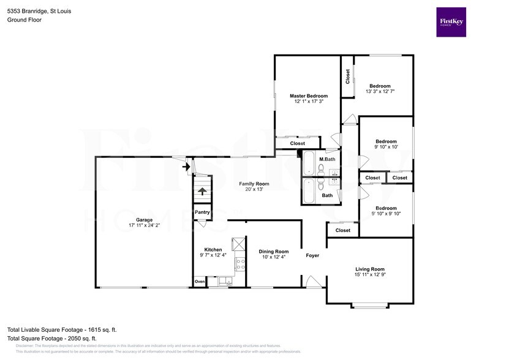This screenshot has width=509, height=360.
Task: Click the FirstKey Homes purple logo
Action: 451,21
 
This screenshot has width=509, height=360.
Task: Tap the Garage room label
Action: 144,220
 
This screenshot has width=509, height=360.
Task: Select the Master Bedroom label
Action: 308,96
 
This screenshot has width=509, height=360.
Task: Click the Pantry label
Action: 202,212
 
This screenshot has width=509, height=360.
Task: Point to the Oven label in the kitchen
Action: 200,282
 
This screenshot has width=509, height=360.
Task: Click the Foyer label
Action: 312,255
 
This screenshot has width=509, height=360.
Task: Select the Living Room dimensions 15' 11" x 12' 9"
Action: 369,275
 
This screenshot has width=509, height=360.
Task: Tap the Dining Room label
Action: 273,252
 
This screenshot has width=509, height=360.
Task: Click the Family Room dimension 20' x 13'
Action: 254,189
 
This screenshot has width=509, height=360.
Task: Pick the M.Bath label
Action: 327,159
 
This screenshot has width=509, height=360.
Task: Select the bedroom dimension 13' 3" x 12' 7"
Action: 380,91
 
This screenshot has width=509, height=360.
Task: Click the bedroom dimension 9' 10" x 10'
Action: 386,147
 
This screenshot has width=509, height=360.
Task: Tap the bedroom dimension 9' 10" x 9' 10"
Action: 386,214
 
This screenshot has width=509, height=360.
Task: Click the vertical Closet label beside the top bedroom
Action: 347,77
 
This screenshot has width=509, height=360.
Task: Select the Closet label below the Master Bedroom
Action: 297,143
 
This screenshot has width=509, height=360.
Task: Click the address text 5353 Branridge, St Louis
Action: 39,10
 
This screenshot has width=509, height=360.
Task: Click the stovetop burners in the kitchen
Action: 241,265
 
